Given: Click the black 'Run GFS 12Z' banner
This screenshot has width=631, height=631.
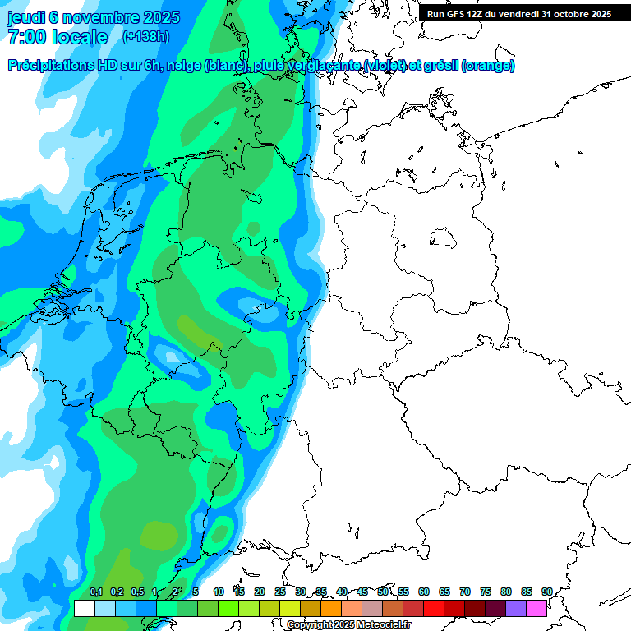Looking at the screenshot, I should click(518, 14).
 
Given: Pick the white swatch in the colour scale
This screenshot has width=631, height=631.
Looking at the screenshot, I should click(84, 608).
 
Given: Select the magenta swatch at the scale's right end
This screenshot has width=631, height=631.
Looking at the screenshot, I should click(537, 608).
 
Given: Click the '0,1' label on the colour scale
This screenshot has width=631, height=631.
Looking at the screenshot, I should click(96, 592).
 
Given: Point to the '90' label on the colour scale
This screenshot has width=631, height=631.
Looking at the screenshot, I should click(546, 592).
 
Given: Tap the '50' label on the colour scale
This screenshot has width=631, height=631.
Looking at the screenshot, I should click(383, 592).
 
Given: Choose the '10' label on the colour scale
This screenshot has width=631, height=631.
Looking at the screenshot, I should click(219, 592).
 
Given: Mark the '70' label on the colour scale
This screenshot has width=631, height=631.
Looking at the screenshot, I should click(465, 592).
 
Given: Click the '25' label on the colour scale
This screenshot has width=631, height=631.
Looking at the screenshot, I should click(280, 592).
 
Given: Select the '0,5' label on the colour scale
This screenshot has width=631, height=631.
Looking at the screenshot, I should click(136, 592).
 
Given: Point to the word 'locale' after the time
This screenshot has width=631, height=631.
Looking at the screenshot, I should click(80, 37).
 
